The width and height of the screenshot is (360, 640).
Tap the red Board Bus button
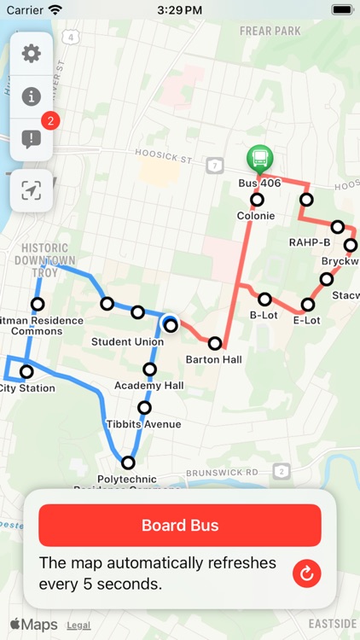[x=180, y=526]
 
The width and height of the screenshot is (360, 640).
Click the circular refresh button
[x=306, y=573]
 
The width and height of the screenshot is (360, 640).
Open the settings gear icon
[x=32, y=54]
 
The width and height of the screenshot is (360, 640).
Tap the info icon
[x=32, y=96]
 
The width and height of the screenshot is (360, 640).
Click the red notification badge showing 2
[x=50, y=121]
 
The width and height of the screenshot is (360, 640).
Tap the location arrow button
[x=32, y=190]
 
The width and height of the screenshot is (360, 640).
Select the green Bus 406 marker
[x=260, y=159]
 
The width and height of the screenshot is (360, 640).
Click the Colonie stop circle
[x=257, y=200]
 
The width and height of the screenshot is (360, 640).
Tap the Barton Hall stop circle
[x=215, y=343]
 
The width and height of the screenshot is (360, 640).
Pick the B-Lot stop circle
[x=264, y=300]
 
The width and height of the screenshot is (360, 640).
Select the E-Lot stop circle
[x=308, y=305]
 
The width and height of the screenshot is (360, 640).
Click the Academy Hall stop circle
[x=150, y=369]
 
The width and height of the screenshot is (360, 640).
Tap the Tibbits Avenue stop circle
[x=144, y=408]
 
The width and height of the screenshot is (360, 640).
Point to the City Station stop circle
[x=26, y=372]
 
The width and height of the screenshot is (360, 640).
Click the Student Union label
[x=127, y=342]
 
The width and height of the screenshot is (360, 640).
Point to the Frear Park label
[x=270, y=32]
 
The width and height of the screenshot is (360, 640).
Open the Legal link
[x=78, y=625]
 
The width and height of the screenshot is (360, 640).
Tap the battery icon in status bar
[x=341, y=10]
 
